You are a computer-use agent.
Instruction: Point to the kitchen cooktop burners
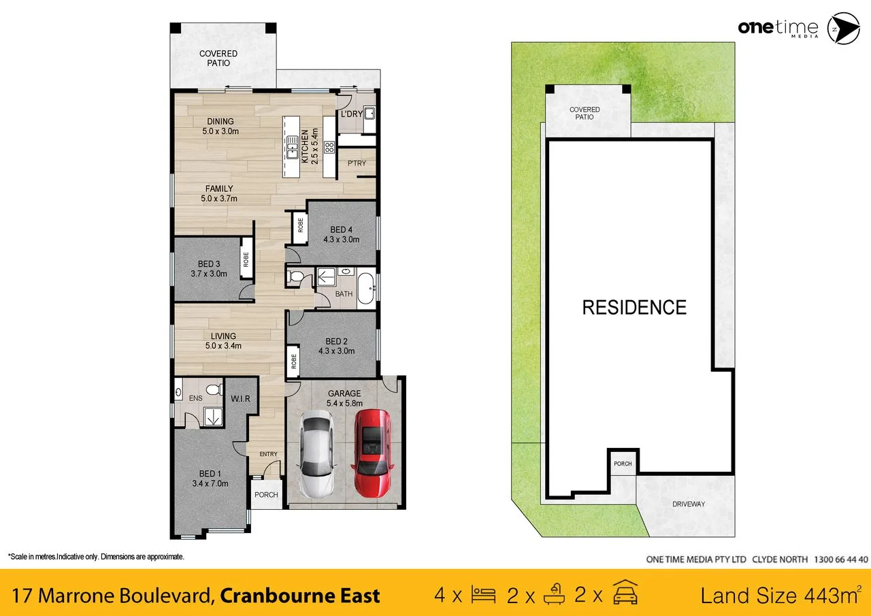(x=329, y=147)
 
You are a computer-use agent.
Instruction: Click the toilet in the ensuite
(x=212, y=391)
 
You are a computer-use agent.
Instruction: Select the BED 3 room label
(x=209, y=264)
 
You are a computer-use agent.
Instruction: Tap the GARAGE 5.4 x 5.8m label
(x=344, y=398)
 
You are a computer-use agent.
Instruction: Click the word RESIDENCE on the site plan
(x=634, y=308)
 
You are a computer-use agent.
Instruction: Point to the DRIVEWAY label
(x=689, y=504)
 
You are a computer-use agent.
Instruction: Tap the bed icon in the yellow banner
(x=484, y=596)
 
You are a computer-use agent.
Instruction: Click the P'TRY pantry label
(x=357, y=163)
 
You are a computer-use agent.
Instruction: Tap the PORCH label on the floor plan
(x=266, y=495)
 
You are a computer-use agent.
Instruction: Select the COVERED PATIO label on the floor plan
(x=218, y=59)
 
